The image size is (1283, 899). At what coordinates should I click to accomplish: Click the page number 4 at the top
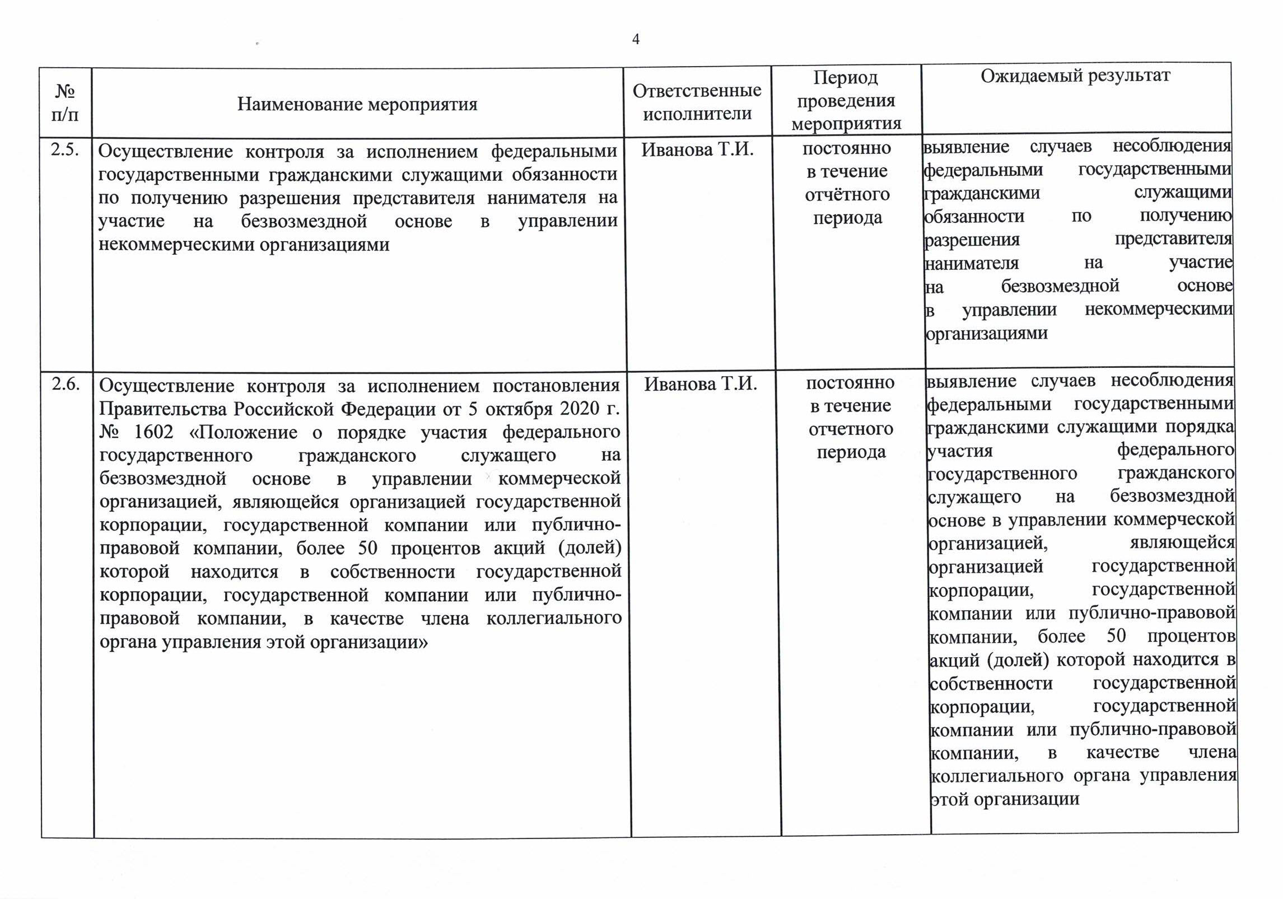pyautogui.click(x=636, y=39)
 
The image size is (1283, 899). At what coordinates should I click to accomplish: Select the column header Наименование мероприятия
pyautogui.click(x=357, y=104)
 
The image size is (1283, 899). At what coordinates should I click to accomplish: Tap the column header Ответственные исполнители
pyautogui.click(x=697, y=102)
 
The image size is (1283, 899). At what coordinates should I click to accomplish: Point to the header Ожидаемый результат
pyautogui.click(x=1075, y=76)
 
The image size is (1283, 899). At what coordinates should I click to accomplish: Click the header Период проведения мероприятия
pyautogui.click(x=846, y=101)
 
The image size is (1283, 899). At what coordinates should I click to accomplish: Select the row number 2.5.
pyautogui.click(x=64, y=150)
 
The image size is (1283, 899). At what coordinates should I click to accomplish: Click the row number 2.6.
pyautogui.click(x=66, y=385)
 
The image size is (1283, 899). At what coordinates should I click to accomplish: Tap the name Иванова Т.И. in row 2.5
pyautogui.click(x=697, y=149)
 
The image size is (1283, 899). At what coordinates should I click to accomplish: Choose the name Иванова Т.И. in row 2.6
pyautogui.click(x=701, y=384)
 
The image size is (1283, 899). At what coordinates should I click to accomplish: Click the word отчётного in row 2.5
pyautogui.click(x=847, y=195)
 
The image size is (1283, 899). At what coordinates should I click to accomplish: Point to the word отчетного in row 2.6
pyautogui.click(x=851, y=429)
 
